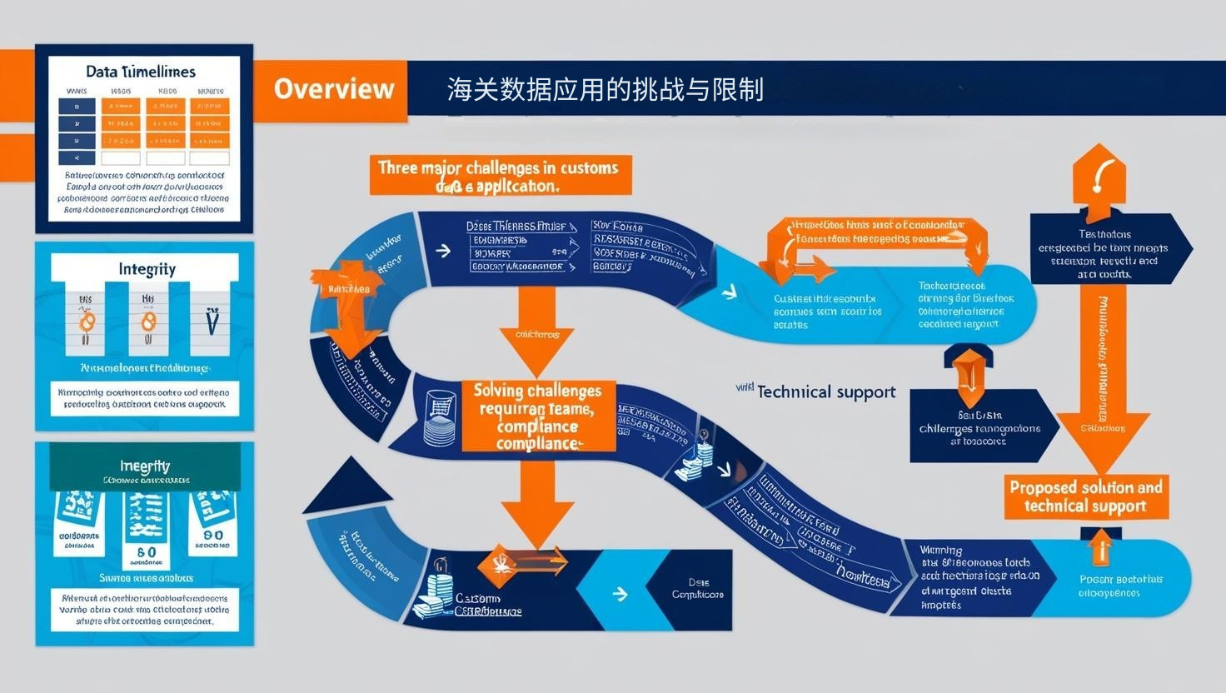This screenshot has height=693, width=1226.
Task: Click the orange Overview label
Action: [333, 89]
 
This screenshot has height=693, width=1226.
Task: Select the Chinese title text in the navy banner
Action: [605, 89]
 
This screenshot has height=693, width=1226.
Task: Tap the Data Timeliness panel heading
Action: [141, 72]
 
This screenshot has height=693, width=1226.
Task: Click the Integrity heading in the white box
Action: [147, 268]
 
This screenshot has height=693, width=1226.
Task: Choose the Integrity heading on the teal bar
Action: [144, 466]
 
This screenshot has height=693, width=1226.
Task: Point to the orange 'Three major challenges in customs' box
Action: [499, 176]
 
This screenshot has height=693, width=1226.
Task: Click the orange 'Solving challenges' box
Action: [537, 416]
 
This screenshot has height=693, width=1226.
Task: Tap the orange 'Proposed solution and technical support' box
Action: [1085, 496]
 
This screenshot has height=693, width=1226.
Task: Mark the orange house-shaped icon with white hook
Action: [1099, 179]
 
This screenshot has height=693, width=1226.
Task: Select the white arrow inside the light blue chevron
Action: [619, 594]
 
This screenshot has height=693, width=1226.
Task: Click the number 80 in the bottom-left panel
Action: [146, 552]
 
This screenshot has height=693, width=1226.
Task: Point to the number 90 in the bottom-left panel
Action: [212, 536]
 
